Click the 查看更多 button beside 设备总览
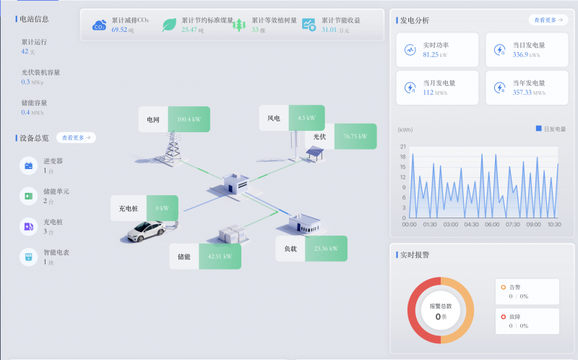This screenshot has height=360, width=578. pyautogui.click(x=76, y=137)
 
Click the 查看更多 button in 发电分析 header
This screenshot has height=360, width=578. pyautogui.click(x=547, y=20)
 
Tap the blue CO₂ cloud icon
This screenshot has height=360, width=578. pyautogui.click(x=99, y=25)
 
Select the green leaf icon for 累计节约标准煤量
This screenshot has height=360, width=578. pyautogui.click(x=169, y=25)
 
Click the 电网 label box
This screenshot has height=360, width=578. pyautogui.click(x=153, y=119)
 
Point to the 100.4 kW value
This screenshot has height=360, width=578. pyautogui.click(x=189, y=119)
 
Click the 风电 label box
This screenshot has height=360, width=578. pyautogui.click(x=274, y=118)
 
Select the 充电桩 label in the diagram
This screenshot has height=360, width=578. pyautogui.click(x=129, y=209)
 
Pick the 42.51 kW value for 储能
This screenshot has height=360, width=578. pyautogui.click(x=220, y=256)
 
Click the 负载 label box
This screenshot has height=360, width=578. pyautogui.click(x=290, y=249)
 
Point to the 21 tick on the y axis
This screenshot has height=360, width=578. pyautogui.click(x=403, y=146)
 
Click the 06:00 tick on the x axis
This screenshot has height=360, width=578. pyautogui.click(x=492, y=225)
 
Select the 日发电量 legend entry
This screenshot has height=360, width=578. pyautogui.click(x=551, y=129)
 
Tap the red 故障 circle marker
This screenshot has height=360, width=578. pyautogui.click(x=503, y=316)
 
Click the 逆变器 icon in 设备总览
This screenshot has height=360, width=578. pyautogui.click(x=28, y=166)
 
